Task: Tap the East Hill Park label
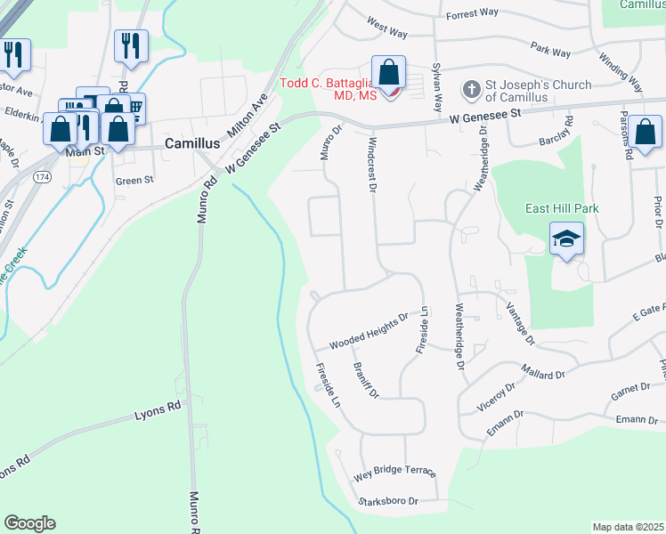[561, 208]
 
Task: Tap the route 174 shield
[41, 178]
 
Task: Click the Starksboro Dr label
[387, 501]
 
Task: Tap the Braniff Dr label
[366, 380]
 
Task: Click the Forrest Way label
[472, 14]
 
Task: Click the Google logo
[29, 523]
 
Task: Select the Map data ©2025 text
[628, 527]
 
